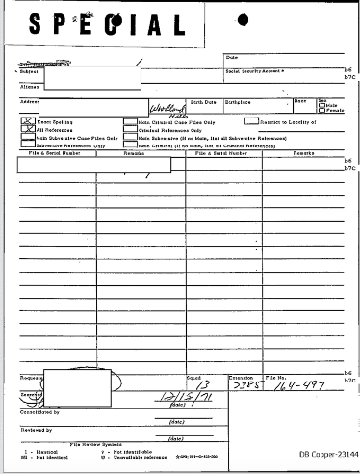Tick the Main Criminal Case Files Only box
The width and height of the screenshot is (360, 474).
click(x=130, y=122)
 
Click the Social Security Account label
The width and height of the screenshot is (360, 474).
click(x=255, y=71)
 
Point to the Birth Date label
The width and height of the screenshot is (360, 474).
click(x=204, y=100)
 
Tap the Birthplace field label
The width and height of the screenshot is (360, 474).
click(x=238, y=100)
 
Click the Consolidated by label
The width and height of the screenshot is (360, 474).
click(x=40, y=408)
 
